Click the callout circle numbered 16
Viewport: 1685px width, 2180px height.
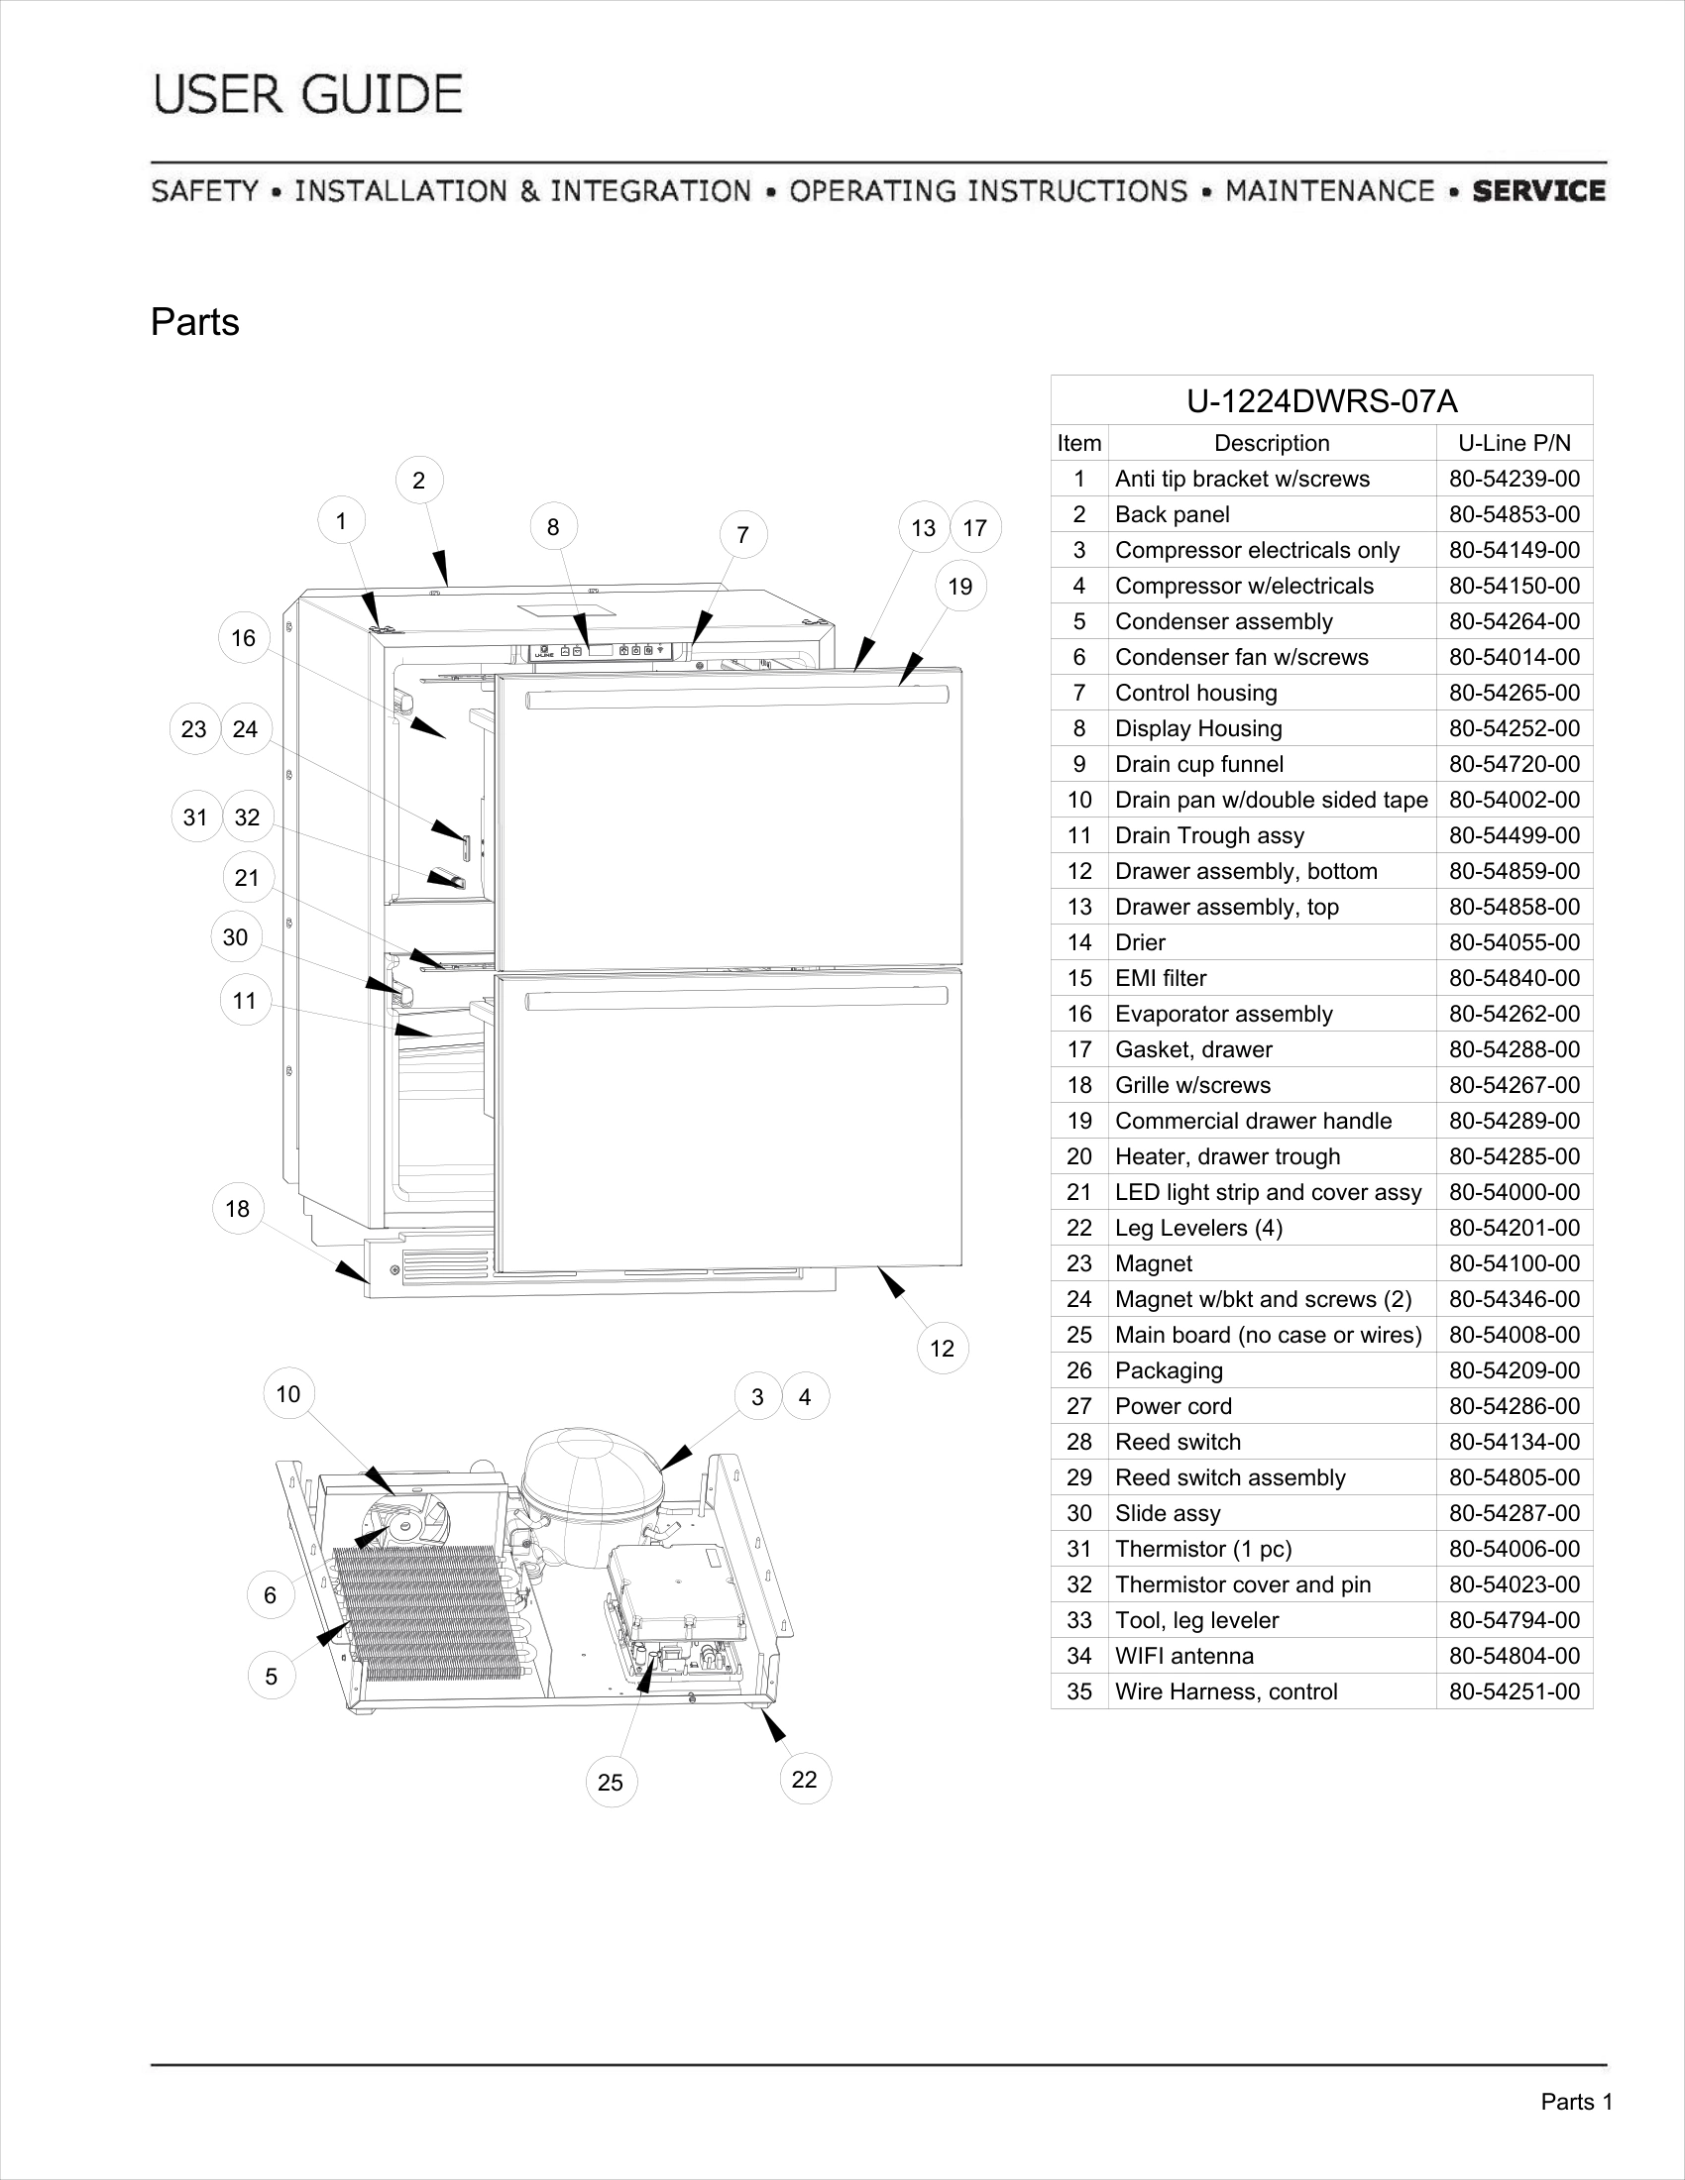pyautogui.click(x=244, y=638)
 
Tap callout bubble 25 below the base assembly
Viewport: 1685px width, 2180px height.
pyautogui.click(x=610, y=1782)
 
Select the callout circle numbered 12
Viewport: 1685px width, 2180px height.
pyautogui.click(x=943, y=1349)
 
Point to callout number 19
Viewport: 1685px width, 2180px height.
pyautogui.click(x=960, y=586)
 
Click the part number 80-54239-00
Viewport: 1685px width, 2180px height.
pyautogui.click(x=1515, y=480)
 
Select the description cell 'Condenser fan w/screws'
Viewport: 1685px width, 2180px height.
pyautogui.click(x=1241, y=657)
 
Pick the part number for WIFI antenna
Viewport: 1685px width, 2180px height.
pyautogui.click(x=1515, y=1656)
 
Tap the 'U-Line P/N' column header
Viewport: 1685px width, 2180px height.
pyautogui.click(x=1515, y=443)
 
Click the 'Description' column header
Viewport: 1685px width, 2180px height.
pyautogui.click(x=1272, y=443)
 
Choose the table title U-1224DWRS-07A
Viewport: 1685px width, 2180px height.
pyautogui.click(x=1321, y=401)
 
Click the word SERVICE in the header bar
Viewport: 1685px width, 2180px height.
pyautogui.click(x=1538, y=190)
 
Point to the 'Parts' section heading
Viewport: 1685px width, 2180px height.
pyautogui.click(x=194, y=322)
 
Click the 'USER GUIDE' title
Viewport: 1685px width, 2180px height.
pyautogui.click(x=308, y=95)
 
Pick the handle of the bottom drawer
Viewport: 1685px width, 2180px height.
pyautogui.click(x=736, y=998)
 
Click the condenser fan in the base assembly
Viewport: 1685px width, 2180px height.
pyautogui.click(x=407, y=1522)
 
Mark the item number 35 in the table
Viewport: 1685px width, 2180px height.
pyautogui.click(x=1079, y=1691)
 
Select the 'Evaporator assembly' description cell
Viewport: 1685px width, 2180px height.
pyautogui.click(x=1224, y=1014)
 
